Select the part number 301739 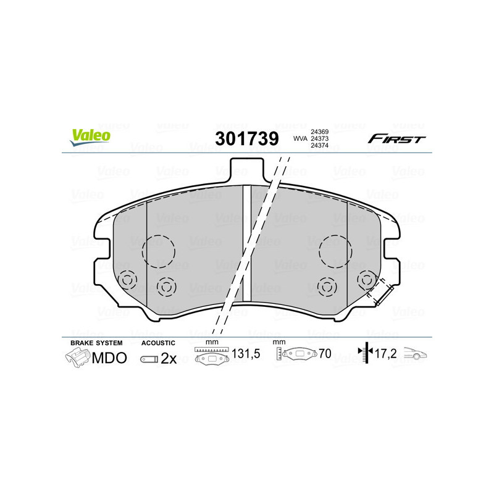[246, 139]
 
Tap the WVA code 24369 [319, 132]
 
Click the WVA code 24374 [319, 146]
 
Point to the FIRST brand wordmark [396, 139]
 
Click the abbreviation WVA [300, 139]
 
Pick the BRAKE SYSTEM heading [96, 343]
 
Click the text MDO [109, 358]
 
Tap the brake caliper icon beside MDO [77, 358]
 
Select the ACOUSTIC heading [158, 343]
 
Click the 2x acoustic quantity [169, 358]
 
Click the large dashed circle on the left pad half [159, 251]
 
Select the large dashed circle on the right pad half [335, 251]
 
